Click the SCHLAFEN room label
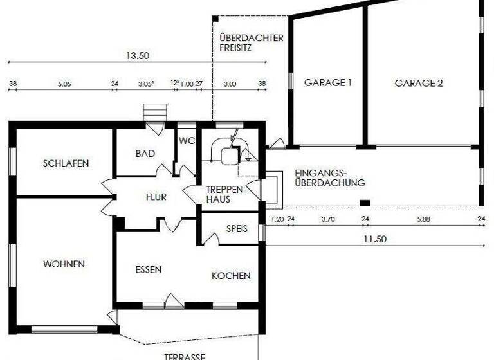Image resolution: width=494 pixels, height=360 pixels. [66, 163]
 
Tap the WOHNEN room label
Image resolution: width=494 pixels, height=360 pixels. [64, 264]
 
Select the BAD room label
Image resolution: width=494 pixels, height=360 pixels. [145, 154]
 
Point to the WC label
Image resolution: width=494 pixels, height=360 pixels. [187, 141]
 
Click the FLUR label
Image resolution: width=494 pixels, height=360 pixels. [156, 197]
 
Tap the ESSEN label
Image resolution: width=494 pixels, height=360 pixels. [149, 269]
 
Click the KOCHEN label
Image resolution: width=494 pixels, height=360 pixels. [231, 276]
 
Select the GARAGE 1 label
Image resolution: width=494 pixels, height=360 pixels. [328, 83]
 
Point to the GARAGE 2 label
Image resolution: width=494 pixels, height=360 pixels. [419, 83]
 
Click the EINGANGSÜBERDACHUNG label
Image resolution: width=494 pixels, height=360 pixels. [330, 178]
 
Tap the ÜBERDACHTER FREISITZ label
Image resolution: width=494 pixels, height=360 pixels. [251, 42]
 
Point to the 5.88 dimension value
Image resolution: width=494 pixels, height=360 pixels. [423, 219]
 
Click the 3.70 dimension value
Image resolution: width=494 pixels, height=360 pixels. [328, 219]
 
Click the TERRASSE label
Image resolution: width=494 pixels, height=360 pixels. [184, 356]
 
